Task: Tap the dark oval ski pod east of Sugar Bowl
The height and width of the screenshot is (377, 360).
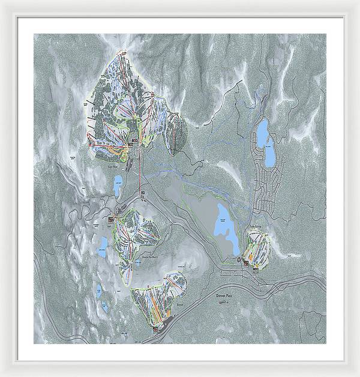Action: tap(176, 133)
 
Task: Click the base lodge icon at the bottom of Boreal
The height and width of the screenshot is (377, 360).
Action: tap(157, 328)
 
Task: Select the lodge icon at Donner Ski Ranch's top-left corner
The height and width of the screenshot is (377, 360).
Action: tap(112, 220)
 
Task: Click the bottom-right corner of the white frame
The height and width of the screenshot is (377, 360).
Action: tap(343, 360)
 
